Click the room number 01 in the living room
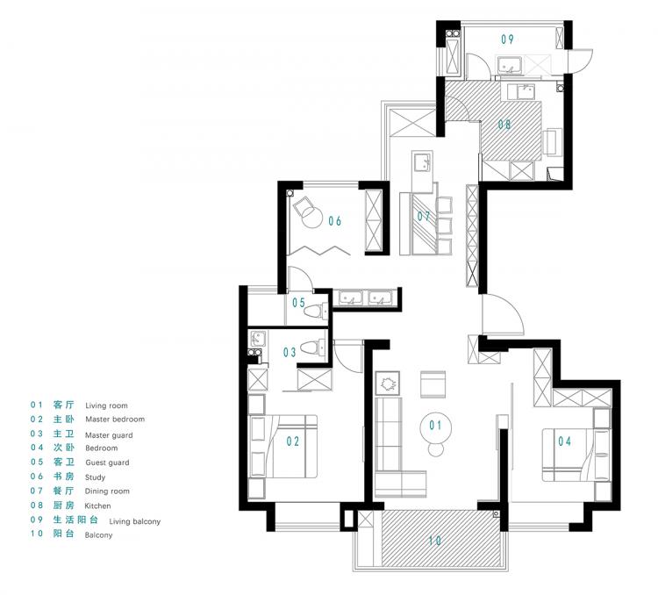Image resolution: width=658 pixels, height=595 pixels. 435,426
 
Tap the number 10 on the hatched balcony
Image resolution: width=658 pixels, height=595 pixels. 435,540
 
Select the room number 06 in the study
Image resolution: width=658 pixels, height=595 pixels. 334,221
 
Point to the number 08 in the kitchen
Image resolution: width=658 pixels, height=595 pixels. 504,125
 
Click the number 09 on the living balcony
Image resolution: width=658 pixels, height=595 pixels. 507,39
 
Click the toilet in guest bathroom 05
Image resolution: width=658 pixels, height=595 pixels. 316,312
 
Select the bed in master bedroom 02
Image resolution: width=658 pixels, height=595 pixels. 283,447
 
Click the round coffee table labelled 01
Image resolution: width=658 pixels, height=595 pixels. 435,427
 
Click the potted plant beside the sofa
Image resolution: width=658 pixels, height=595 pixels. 387,384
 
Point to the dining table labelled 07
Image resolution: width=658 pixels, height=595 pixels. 426,224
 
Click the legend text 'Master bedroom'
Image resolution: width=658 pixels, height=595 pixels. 115,419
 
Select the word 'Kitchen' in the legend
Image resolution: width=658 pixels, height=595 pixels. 97,506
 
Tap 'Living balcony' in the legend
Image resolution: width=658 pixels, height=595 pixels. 135,521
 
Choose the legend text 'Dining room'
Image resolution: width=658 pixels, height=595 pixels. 107,491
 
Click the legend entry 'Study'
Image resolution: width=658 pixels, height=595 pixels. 95,477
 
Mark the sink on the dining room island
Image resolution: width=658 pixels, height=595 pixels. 422,162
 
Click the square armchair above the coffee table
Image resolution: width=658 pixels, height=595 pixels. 433,384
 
